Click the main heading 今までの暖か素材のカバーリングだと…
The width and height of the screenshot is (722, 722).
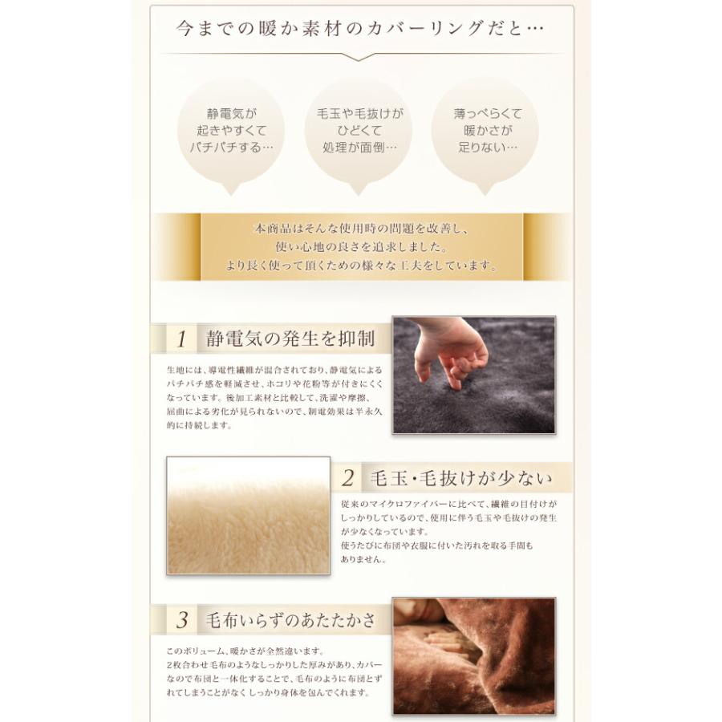pyautogui.click(x=360, y=30)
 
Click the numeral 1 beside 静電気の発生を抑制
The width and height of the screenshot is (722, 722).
pyautogui.click(x=181, y=339)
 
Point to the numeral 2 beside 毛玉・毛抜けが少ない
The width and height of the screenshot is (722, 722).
pyautogui.click(x=348, y=479)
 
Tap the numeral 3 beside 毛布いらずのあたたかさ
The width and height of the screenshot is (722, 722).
pyautogui.click(x=181, y=620)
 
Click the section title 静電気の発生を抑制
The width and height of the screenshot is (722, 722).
pyautogui.click(x=290, y=339)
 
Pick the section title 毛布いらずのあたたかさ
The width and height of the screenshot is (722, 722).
pyautogui.click(x=290, y=620)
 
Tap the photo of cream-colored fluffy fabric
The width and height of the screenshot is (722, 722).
pyautogui.click(x=248, y=516)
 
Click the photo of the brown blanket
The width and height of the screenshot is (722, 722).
pyautogui.click(x=473, y=655)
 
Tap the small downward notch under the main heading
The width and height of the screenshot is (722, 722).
pyautogui.click(x=360, y=57)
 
